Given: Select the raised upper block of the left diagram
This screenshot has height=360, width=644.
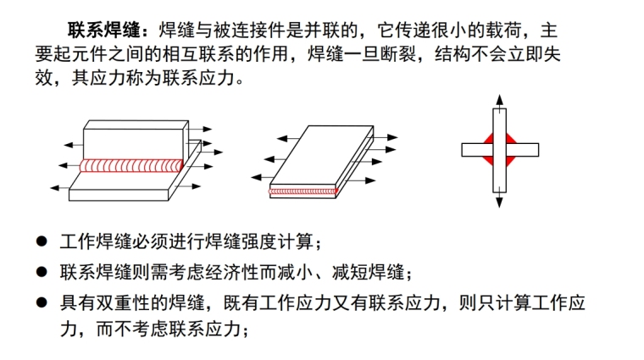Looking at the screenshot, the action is [136, 138].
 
